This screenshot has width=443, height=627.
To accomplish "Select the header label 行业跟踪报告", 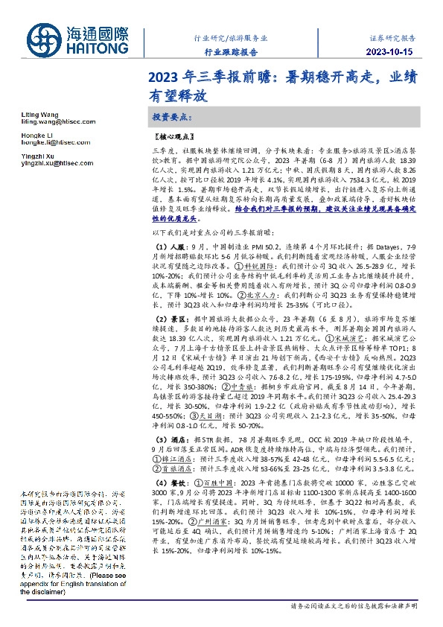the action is click(x=231, y=51).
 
